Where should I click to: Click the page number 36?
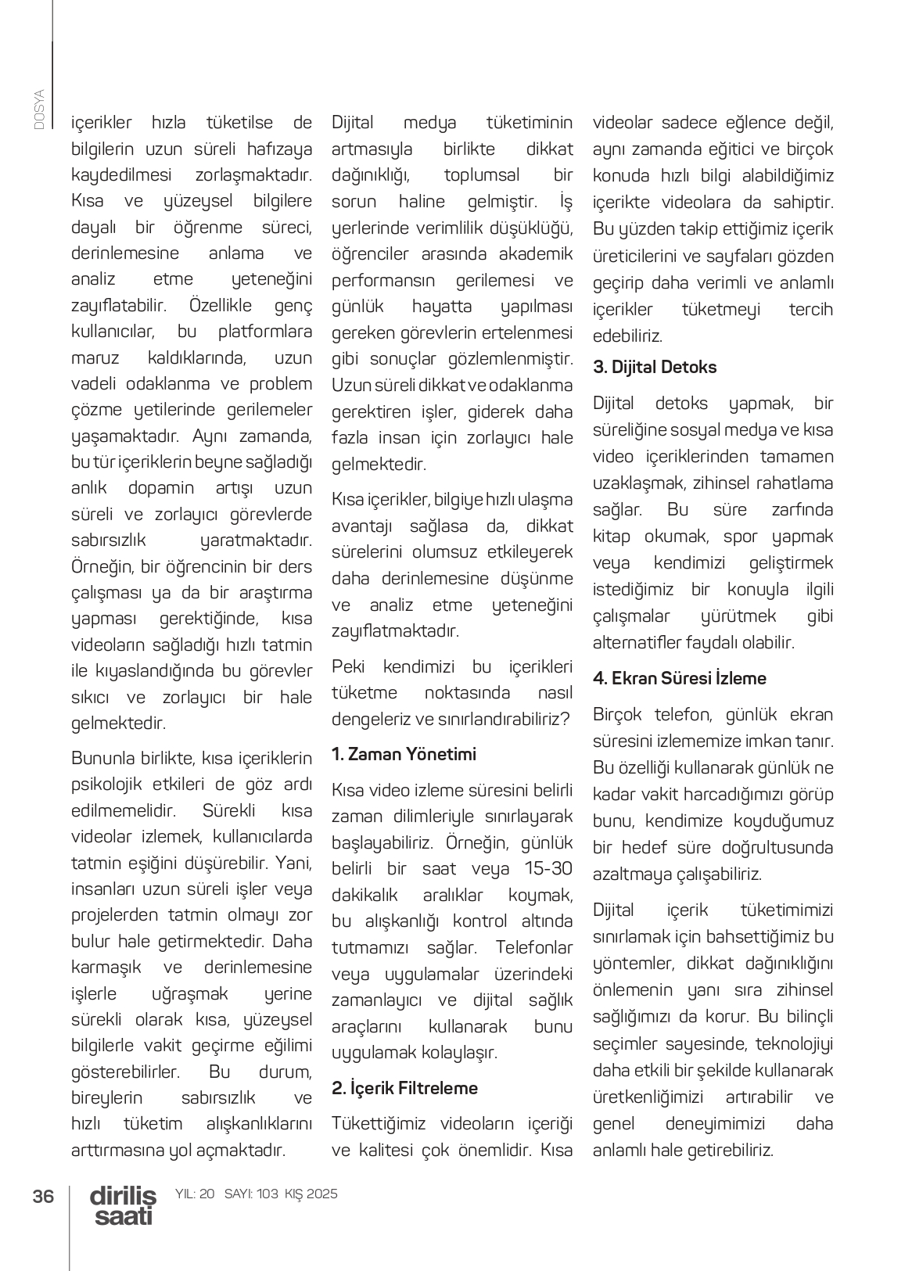click(43, 1196)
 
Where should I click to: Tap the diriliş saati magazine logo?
click(123, 1205)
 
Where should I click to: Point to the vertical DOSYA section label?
click(39, 109)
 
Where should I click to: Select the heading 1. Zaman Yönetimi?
click(404, 754)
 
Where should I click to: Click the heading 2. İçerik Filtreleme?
click(404, 1088)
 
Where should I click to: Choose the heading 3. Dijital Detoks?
click(655, 367)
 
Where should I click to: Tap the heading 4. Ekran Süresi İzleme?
click(680, 678)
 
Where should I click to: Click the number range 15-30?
click(548, 868)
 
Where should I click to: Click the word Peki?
click(349, 666)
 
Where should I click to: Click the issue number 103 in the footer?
click(267, 1194)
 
